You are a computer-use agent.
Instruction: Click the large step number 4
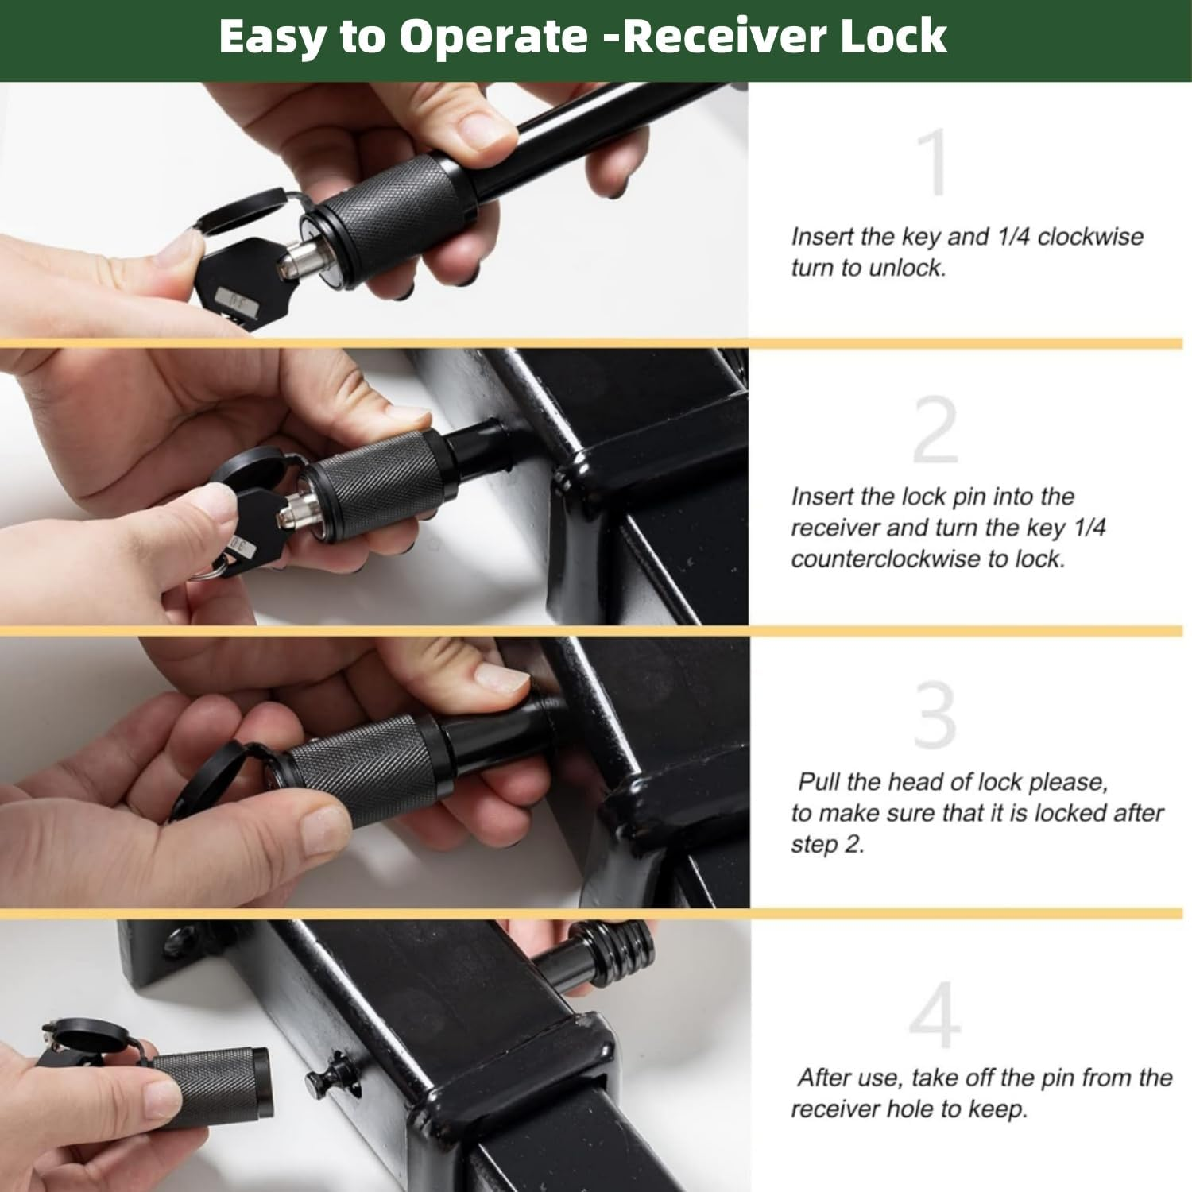click(935, 1016)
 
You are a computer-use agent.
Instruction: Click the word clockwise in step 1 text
click(1090, 237)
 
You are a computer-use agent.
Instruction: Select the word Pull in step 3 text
click(818, 782)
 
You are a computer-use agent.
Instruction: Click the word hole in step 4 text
click(935, 1109)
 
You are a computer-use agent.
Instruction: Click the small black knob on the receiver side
click(324, 1077)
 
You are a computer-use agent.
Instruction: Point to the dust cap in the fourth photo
click(91, 1037)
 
